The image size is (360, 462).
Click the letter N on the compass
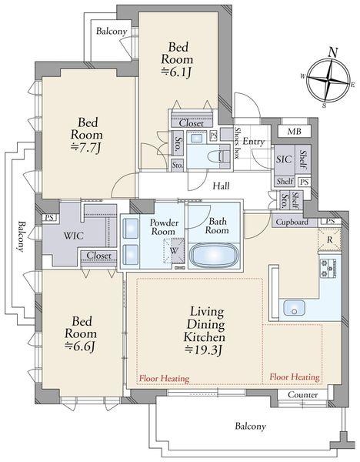333,52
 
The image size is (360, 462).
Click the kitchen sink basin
294,307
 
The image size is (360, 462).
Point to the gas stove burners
328,268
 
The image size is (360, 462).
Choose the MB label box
295,131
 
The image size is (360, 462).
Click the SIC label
284,159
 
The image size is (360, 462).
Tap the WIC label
74,236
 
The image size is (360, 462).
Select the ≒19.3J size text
203,350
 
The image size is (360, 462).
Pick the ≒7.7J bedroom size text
87,147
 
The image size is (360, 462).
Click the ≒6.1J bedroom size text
177,72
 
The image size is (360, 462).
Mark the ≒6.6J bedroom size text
80,346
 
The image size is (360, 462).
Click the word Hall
221,186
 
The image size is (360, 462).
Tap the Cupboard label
292,222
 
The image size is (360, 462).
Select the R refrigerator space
330,239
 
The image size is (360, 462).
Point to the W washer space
174,251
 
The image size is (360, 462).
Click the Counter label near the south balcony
302,394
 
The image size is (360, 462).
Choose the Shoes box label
237,143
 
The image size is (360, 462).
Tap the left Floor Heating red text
165,378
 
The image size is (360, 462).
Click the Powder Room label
163,227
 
